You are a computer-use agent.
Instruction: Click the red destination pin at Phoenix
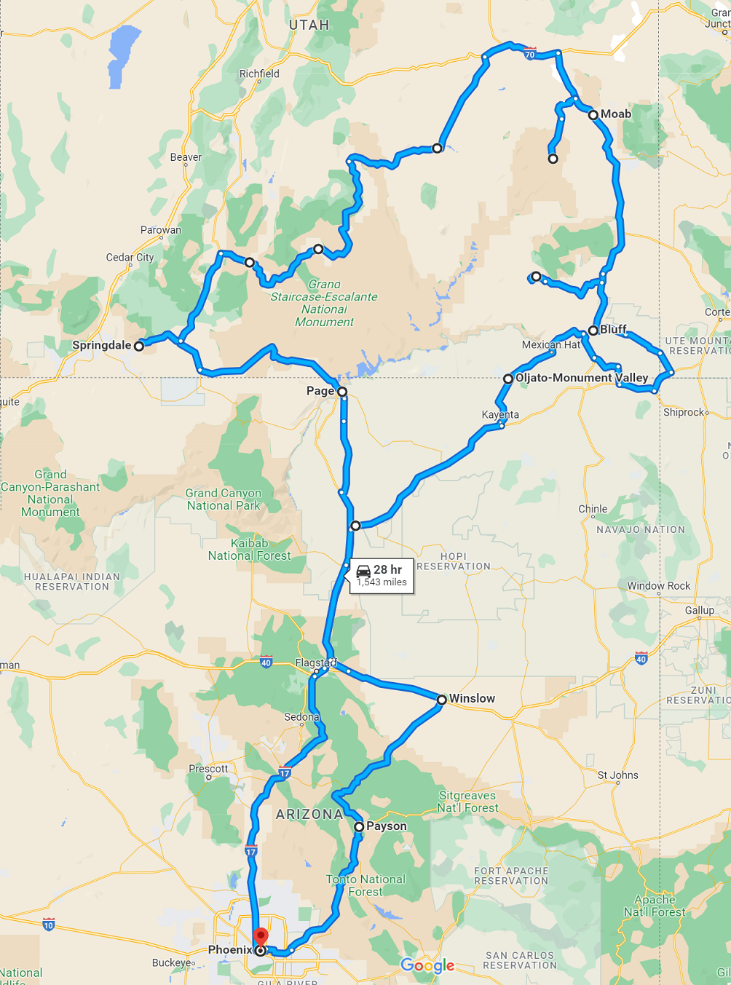pyautogui.click(x=261, y=938)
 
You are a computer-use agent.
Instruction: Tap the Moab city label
pyautogui.click(x=615, y=114)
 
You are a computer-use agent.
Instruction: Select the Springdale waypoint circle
pyautogui.click(x=139, y=347)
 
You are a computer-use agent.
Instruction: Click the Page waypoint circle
pyautogui.click(x=342, y=392)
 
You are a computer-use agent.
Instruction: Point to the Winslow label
pyautogui.click(x=472, y=699)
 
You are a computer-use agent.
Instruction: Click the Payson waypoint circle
pyautogui.click(x=359, y=827)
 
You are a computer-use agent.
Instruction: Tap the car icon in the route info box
pyautogui.click(x=363, y=571)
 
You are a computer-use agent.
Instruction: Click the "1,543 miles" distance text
pyautogui.click(x=382, y=582)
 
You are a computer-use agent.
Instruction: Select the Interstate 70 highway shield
pyautogui.click(x=529, y=54)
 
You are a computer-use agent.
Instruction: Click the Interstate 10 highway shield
pyautogui.click(x=49, y=925)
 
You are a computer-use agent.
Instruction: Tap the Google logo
pyautogui.click(x=427, y=965)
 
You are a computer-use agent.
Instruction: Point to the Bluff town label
pyautogui.click(x=613, y=330)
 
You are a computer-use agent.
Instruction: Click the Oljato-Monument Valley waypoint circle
pyautogui.click(x=508, y=379)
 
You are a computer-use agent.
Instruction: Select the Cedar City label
pyautogui.click(x=130, y=257)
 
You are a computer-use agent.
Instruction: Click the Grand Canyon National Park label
pyautogui.click(x=224, y=499)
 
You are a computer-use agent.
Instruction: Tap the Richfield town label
pyautogui.click(x=259, y=74)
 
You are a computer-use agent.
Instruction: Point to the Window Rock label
pyautogui.click(x=658, y=586)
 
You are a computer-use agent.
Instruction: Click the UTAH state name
pyautogui.click(x=309, y=25)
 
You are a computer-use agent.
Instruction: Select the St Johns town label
pyautogui.click(x=617, y=775)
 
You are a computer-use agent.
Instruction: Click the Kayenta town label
pyautogui.click(x=500, y=415)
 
